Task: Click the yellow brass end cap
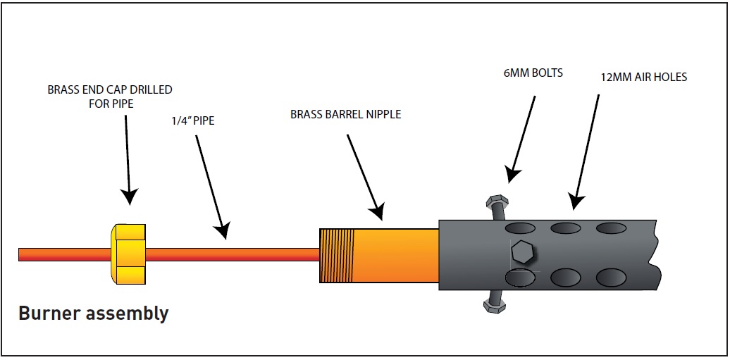128,254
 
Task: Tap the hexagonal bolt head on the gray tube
523,252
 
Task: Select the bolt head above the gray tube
497,202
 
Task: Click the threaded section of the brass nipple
337,256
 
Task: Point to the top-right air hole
612,228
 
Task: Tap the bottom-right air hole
612,277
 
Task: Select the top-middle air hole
566,228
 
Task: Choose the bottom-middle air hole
566,277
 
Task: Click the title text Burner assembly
93,314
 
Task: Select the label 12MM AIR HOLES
644,77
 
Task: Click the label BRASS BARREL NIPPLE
345,115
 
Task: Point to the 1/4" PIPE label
192,124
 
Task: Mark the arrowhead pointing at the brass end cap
130,197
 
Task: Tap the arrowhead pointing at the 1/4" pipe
223,230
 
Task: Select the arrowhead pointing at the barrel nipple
376,210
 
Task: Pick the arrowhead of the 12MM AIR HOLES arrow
577,201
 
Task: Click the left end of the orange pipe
19,255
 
